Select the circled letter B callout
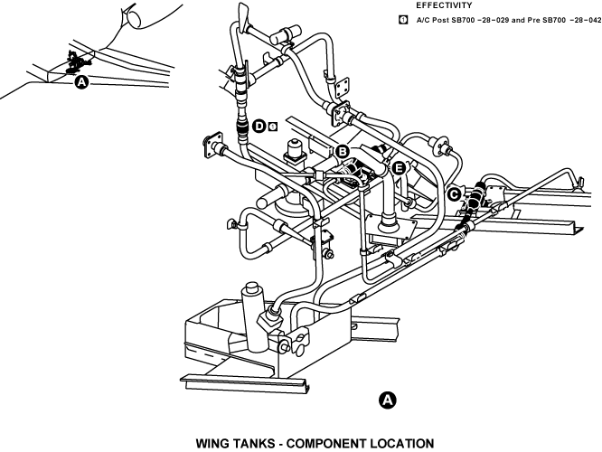(x=343, y=151)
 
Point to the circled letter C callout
(x=454, y=193)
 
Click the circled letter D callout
(x=259, y=126)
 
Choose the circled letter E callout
(x=399, y=167)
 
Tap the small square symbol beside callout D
(x=272, y=126)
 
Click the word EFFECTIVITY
(x=445, y=5)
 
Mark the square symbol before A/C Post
(x=403, y=19)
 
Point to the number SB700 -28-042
(x=569, y=19)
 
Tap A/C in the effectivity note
(x=423, y=19)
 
